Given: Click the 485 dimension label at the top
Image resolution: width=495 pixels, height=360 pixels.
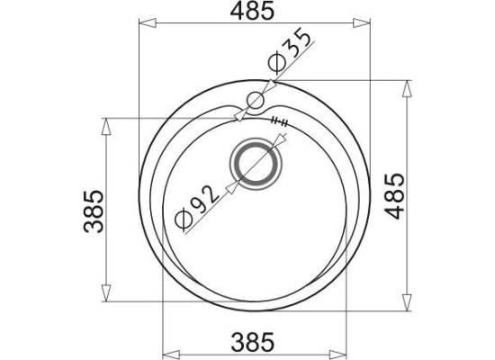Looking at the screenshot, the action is (x=252, y=12).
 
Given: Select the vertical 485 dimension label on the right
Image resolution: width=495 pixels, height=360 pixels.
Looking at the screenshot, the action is (x=396, y=196).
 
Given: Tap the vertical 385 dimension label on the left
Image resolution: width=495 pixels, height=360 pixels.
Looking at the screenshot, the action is (x=94, y=211).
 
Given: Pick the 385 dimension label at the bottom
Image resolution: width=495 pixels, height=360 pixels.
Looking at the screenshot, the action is (x=253, y=342).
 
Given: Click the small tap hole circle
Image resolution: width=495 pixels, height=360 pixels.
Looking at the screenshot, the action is (x=255, y=101).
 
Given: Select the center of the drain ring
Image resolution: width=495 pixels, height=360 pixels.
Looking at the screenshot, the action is (x=255, y=164).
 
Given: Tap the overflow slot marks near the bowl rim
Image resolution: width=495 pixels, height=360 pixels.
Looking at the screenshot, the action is (x=279, y=121).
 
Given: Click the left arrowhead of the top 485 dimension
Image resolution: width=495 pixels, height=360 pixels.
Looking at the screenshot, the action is (x=148, y=23).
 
